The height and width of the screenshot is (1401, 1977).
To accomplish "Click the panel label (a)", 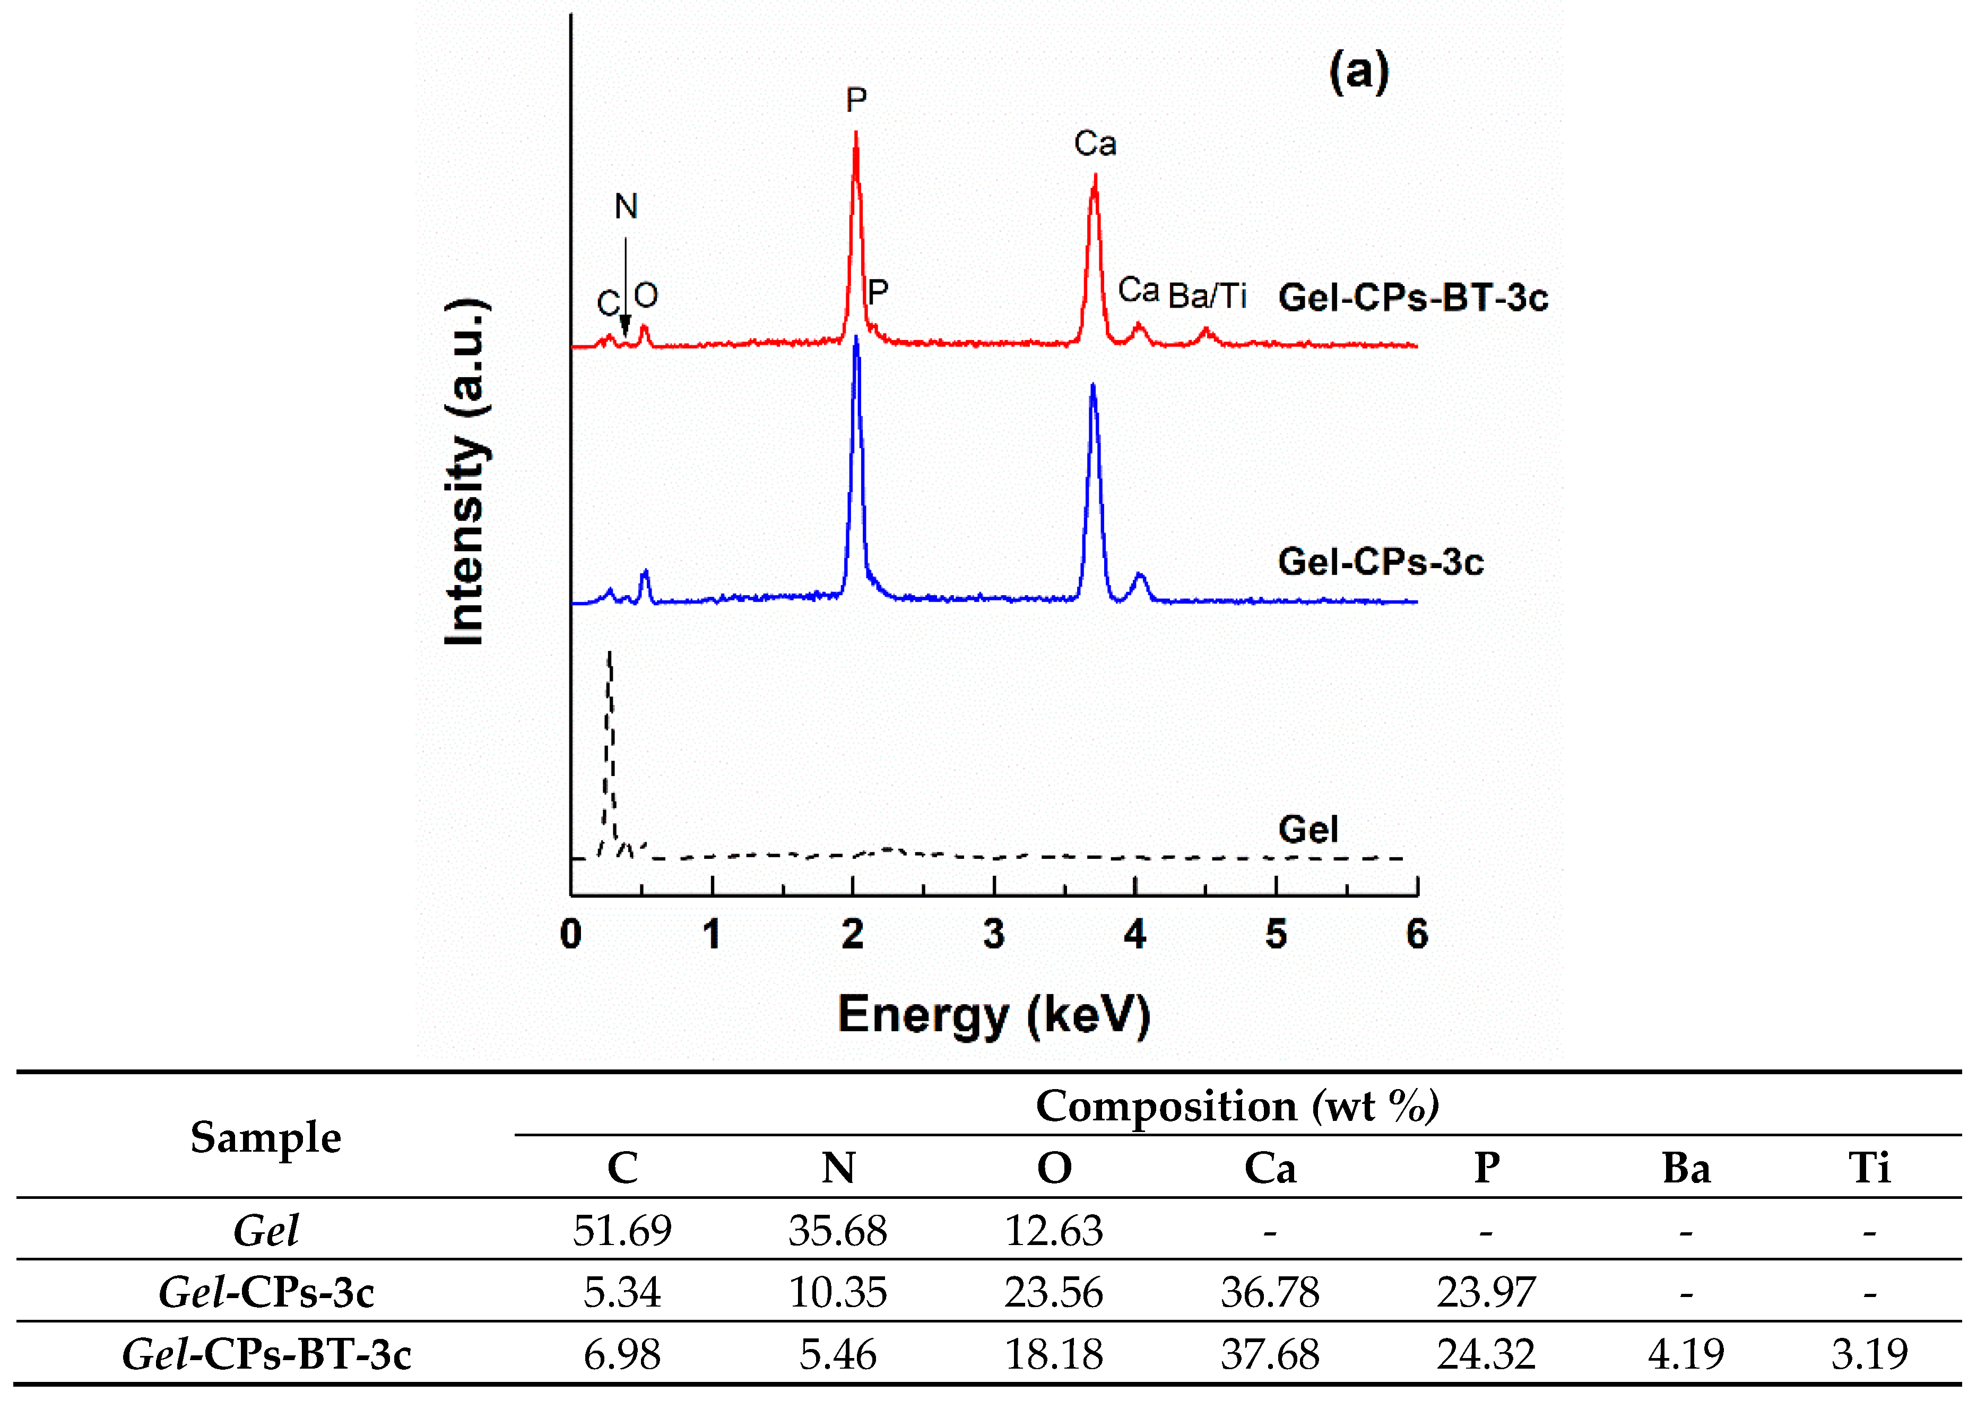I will point(1358,73).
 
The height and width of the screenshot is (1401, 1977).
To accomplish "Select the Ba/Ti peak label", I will point(1207,297).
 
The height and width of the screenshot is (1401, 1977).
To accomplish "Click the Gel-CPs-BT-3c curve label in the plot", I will point(1412,298).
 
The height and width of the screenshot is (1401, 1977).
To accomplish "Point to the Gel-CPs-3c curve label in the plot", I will point(1380,562).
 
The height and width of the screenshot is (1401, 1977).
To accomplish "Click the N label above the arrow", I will point(626,207).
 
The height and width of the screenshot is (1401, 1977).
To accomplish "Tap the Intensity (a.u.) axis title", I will point(466,472).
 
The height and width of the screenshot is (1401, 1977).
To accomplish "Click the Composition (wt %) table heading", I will point(1237,1107).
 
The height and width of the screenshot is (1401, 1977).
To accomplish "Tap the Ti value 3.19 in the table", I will point(1869,1354).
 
